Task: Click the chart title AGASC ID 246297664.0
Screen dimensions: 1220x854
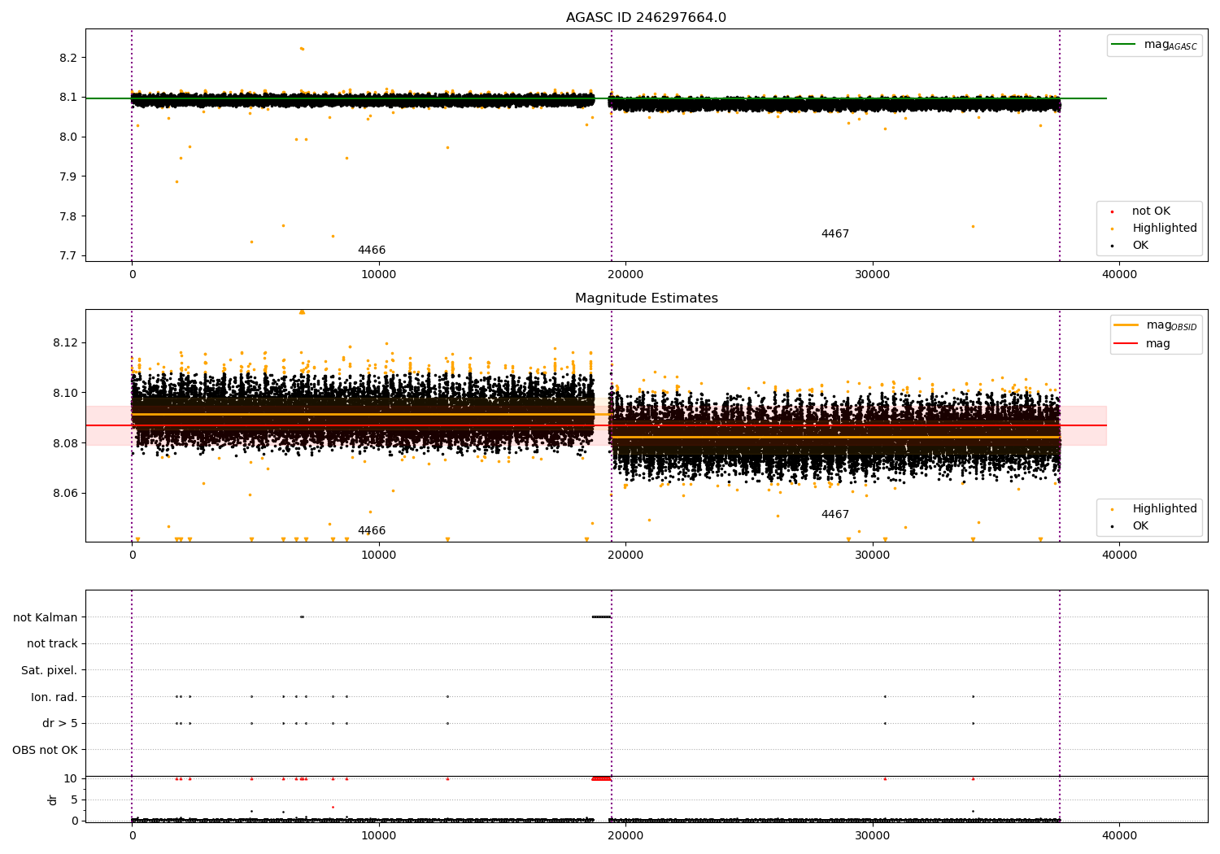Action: pos(646,17)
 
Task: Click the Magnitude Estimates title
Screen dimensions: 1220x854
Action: pos(647,298)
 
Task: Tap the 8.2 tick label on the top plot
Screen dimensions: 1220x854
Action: pos(68,58)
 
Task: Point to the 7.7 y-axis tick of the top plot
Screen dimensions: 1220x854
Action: pos(68,256)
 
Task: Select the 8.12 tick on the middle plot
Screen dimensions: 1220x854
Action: pos(65,343)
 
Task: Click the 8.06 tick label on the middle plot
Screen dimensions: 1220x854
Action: pos(65,494)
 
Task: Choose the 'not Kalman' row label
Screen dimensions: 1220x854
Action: pos(46,617)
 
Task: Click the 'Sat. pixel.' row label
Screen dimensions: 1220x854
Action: pos(49,670)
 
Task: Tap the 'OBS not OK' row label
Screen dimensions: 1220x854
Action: pos(45,750)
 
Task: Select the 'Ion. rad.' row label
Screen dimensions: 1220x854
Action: pos(54,696)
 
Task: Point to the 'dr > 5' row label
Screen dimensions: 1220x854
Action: pos(60,723)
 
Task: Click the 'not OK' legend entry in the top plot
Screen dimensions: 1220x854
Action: pos(1151,211)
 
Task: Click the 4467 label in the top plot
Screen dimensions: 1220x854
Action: pos(835,233)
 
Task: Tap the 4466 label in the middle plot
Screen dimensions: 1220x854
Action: pos(372,530)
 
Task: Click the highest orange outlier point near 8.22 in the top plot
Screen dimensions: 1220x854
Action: pos(302,49)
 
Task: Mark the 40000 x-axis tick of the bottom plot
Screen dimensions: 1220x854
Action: pos(1119,835)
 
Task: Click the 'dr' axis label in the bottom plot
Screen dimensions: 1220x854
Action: pos(52,800)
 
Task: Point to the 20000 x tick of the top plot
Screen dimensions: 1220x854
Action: pos(625,275)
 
